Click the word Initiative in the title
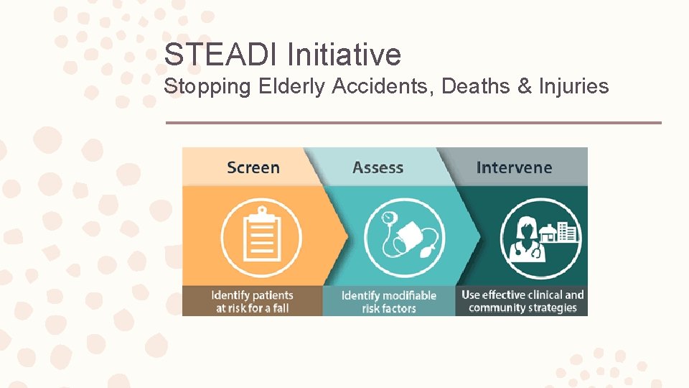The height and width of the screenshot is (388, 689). point(344,55)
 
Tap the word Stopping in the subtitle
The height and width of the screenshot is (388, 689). point(207,87)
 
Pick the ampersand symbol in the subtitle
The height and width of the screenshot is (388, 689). point(525,87)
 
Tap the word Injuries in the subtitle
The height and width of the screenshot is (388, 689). point(574,87)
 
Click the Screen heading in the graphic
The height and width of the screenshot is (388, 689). point(253,167)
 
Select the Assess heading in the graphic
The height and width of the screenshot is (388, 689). point(378,167)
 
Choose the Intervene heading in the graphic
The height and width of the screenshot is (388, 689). point(514,167)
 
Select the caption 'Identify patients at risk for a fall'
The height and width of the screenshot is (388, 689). point(252,302)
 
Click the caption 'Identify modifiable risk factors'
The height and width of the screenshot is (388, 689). point(388,302)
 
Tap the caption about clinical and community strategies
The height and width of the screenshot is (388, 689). point(522,301)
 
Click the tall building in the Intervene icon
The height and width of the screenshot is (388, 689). point(568,231)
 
